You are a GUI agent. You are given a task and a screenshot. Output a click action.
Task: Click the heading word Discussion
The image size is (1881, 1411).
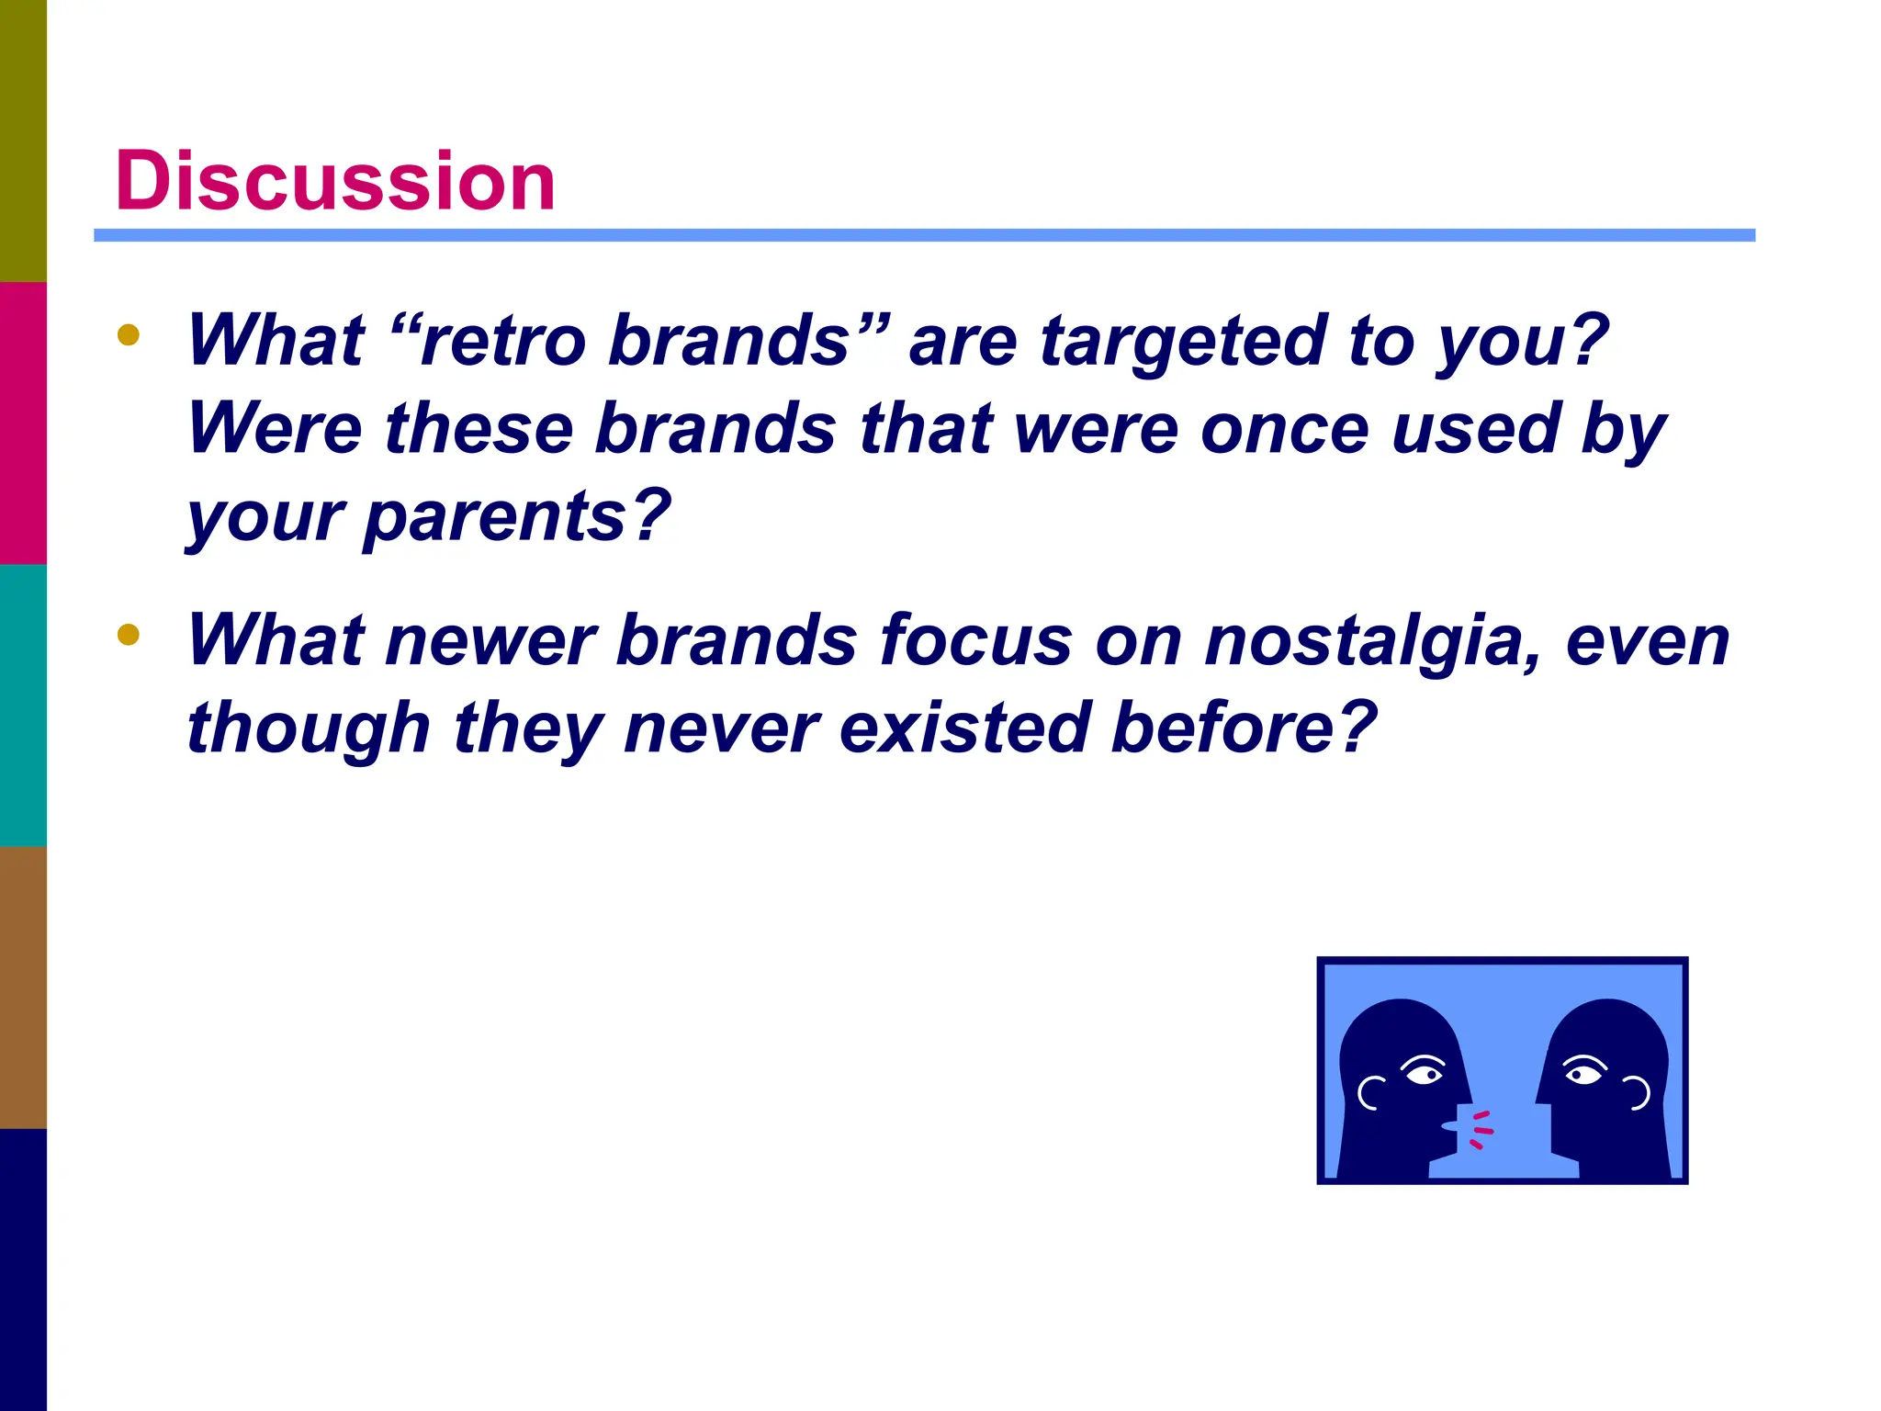[x=334, y=181]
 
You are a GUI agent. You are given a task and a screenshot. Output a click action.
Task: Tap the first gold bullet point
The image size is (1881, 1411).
[x=129, y=334]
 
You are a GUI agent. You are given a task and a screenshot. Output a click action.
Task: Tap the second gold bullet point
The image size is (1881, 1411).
[x=129, y=634]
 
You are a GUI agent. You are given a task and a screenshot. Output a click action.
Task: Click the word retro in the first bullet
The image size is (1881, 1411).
[x=501, y=341]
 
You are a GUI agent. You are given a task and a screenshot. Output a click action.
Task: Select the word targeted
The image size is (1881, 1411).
[x=1183, y=341]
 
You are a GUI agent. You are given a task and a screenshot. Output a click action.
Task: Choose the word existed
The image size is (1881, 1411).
[x=963, y=728]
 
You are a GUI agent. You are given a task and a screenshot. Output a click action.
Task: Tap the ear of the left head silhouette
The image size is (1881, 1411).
[x=1370, y=1092]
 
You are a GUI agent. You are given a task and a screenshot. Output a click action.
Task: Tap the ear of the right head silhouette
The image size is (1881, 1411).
[x=1637, y=1092]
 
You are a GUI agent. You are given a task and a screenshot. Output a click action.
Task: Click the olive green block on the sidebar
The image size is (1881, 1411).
[x=23, y=141]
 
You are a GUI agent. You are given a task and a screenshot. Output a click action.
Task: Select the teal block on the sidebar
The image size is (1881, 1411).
[x=23, y=705]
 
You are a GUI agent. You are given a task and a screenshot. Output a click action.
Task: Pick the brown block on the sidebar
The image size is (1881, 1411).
[x=23, y=987]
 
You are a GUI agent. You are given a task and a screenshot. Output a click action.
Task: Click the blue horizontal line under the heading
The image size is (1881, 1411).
[x=924, y=236]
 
